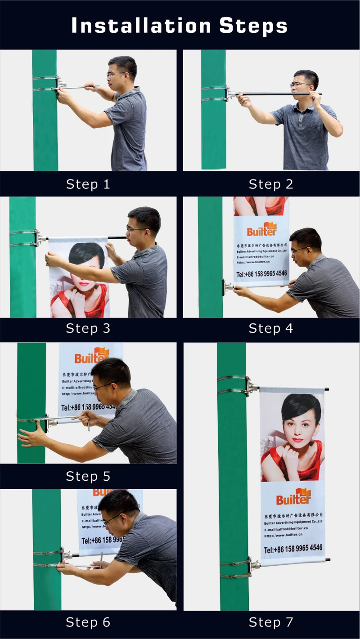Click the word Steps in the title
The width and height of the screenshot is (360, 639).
point(253,26)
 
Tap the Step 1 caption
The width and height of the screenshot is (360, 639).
point(88,184)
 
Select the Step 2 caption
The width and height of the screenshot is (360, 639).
point(271,184)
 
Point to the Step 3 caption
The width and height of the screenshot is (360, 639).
point(88,328)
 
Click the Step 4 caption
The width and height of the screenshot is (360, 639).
point(271,328)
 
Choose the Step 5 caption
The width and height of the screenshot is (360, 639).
point(88,476)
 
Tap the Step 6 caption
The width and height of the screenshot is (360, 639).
point(88,622)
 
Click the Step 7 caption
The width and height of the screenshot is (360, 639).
point(271,622)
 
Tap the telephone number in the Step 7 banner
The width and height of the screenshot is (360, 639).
point(293,548)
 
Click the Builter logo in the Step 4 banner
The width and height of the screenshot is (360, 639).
point(261,230)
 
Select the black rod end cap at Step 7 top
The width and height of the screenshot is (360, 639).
point(327,389)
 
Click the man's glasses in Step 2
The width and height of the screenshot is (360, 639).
point(300,85)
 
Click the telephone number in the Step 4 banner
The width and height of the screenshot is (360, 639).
point(261,273)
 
